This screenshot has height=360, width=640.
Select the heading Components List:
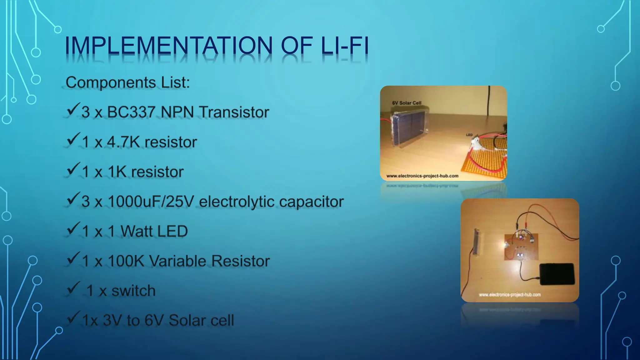(x=127, y=83)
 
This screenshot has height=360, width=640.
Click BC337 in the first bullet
(x=132, y=112)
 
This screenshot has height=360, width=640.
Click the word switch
(x=133, y=291)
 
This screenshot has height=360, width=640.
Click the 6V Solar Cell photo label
(x=407, y=103)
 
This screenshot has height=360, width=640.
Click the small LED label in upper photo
(x=469, y=135)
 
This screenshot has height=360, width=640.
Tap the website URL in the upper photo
(x=422, y=176)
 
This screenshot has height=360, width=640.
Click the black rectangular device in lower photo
(x=557, y=274)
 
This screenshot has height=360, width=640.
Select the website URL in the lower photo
(x=510, y=295)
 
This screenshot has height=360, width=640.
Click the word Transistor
(x=234, y=112)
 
